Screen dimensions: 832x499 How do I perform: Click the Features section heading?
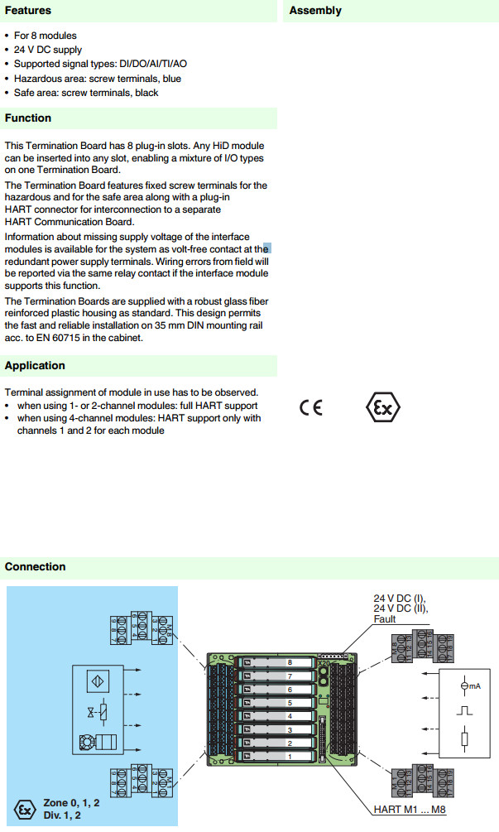point(28,11)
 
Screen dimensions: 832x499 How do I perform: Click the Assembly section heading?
point(315,11)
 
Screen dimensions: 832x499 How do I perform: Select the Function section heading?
point(28,118)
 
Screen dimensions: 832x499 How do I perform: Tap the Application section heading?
point(35,366)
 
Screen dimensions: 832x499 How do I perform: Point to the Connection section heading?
point(35,567)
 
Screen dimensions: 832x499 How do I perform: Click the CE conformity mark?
point(311,407)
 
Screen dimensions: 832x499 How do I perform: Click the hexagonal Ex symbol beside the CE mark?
point(382,407)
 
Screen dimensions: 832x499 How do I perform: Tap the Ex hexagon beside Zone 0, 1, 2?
point(26,808)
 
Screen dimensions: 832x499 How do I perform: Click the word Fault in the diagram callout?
point(385,618)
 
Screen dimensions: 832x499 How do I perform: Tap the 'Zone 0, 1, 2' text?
point(71,803)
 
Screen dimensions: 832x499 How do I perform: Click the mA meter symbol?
point(465,685)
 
